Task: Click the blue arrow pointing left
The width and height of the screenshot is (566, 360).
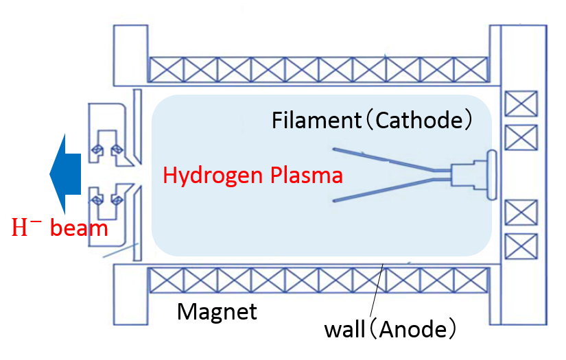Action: point(65,174)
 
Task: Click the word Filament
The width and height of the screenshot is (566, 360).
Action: point(316,120)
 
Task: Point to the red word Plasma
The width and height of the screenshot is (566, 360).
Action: point(307,175)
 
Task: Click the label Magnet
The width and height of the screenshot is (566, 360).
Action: point(217,311)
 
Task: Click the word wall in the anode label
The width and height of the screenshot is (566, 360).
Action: point(344,330)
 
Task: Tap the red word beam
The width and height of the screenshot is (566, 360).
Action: point(79,228)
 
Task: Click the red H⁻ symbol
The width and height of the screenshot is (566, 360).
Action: point(24,227)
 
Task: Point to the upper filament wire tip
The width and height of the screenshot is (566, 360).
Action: point(333,149)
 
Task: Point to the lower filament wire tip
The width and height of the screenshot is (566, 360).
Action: point(334,200)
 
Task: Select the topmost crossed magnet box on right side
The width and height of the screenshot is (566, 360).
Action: point(521,104)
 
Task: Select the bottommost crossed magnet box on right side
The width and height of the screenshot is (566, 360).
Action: point(521,246)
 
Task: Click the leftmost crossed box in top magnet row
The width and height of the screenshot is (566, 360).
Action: point(166,70)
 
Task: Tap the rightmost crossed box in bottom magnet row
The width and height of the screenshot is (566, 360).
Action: point(471,280)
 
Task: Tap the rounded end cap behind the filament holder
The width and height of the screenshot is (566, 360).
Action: point(492,175)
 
